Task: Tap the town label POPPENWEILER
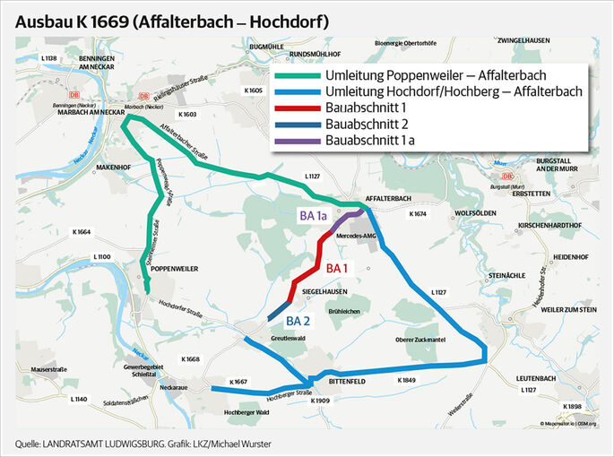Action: pyautogui.click(x=174, y=268)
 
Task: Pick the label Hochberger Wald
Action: pyautogui.click(x=220, y=411)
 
